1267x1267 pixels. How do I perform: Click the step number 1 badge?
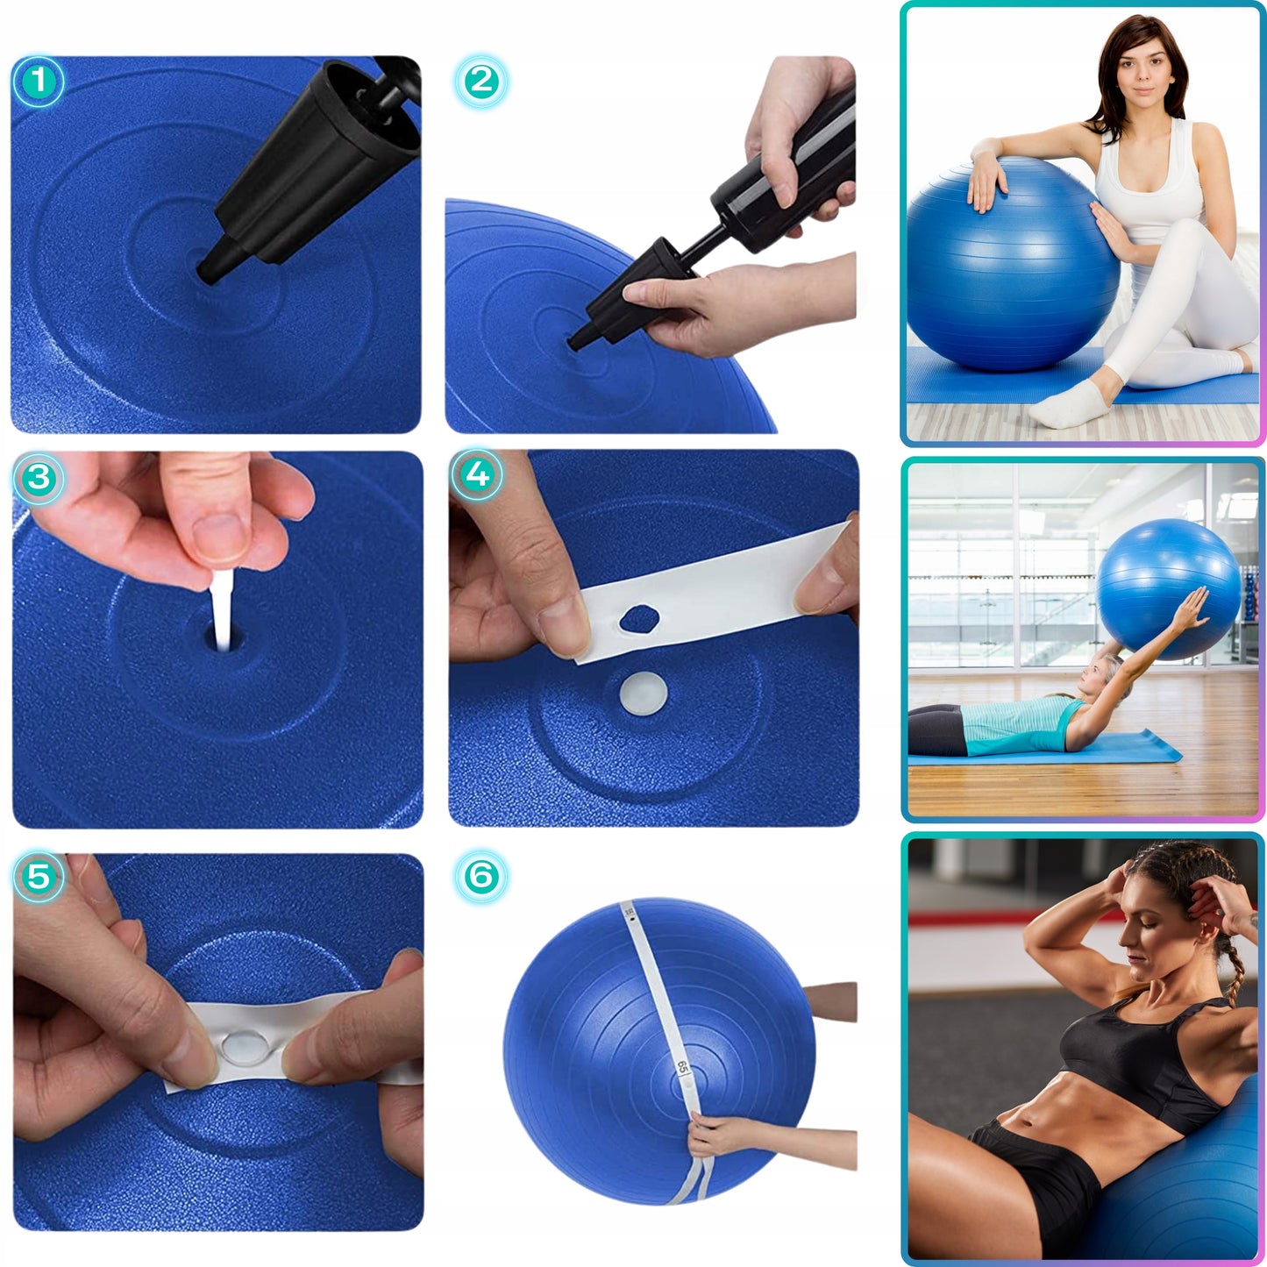coord(38,82)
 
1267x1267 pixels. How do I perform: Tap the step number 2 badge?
coord(480,82)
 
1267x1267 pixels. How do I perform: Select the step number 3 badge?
coord(39,478)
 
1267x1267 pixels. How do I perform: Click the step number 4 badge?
coord(477,475)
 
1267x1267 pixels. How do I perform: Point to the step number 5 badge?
coord(39,876)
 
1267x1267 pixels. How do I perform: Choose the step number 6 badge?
coord(481,876)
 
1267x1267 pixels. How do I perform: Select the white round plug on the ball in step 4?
coord(643,693)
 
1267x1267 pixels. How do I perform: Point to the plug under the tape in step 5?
coord(238,1045)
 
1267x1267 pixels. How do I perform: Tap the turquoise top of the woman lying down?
coord(1021,726)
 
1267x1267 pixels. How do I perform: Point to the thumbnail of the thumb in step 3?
coord(220,536)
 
